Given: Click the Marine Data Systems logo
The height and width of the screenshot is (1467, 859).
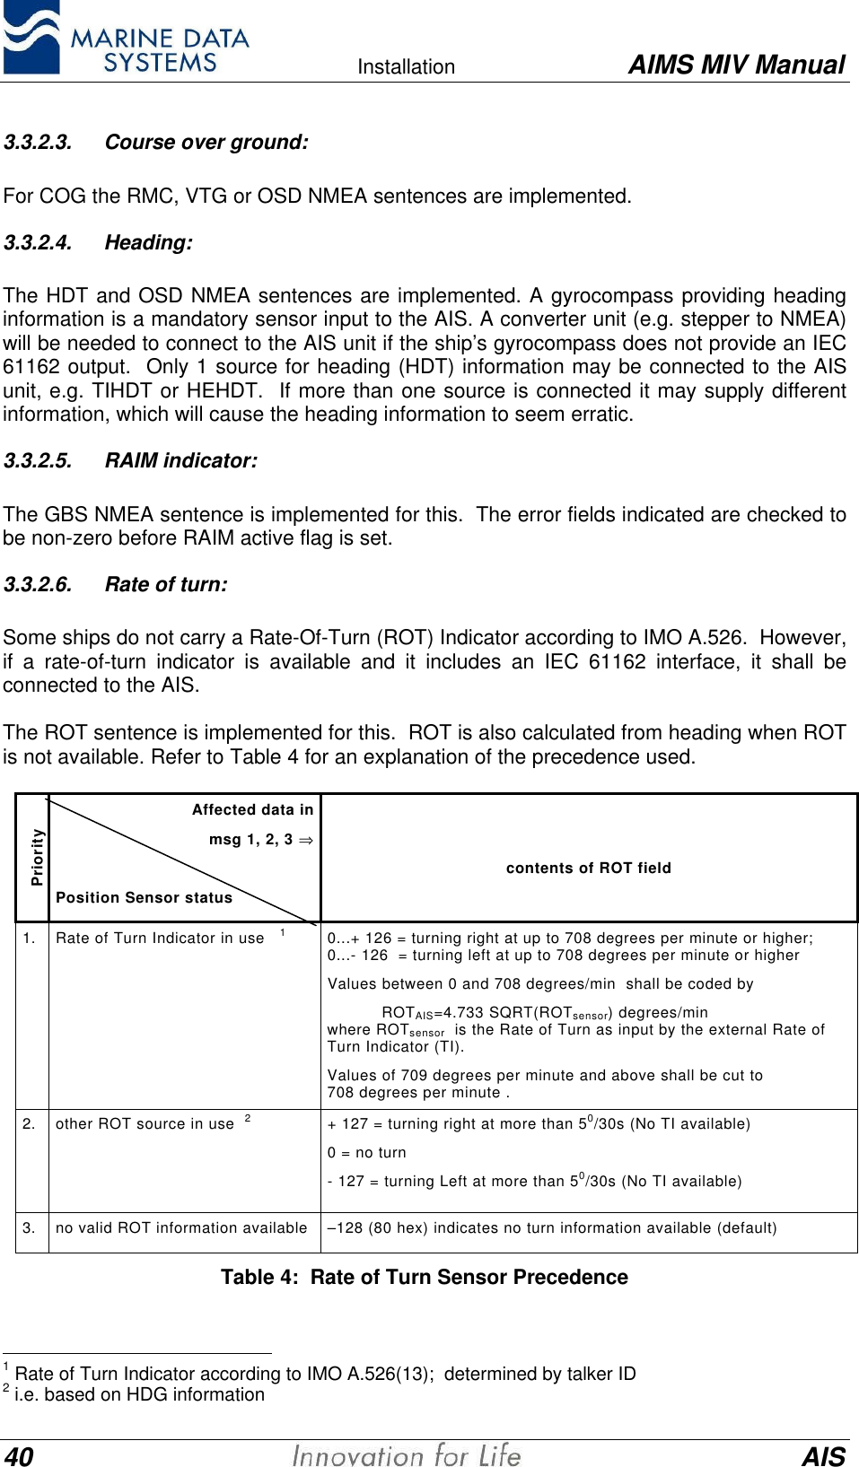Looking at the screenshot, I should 126,39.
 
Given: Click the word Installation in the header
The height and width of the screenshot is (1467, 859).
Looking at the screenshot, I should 406,66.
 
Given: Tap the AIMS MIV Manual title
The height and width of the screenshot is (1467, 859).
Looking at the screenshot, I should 736,65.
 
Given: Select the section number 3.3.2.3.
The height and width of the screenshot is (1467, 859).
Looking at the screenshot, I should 38,142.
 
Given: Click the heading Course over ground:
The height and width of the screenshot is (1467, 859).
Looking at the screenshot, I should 206,142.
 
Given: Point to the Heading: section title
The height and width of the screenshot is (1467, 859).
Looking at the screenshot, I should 148,242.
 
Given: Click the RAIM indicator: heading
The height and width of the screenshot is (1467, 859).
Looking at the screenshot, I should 180,460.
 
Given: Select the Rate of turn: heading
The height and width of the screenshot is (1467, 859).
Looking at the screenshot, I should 166,584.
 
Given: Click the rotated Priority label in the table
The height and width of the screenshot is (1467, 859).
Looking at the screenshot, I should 37,857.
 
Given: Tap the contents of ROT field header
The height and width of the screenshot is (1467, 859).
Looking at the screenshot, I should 588,868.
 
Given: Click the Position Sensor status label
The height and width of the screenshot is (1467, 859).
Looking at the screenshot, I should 144,897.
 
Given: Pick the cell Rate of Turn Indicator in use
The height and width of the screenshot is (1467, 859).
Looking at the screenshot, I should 160,938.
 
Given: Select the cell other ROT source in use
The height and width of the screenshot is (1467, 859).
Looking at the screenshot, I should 145,1123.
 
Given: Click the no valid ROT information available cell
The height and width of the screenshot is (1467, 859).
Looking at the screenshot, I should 181,1227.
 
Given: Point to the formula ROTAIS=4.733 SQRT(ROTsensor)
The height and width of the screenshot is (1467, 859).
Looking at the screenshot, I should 544,1012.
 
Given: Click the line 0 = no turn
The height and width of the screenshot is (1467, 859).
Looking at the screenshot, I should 366,1152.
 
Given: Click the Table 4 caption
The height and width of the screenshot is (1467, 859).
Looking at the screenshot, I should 425,1277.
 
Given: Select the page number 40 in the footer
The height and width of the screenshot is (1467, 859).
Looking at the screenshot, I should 19,1456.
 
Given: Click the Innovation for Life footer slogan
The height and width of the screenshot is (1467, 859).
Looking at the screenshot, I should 407,1454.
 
